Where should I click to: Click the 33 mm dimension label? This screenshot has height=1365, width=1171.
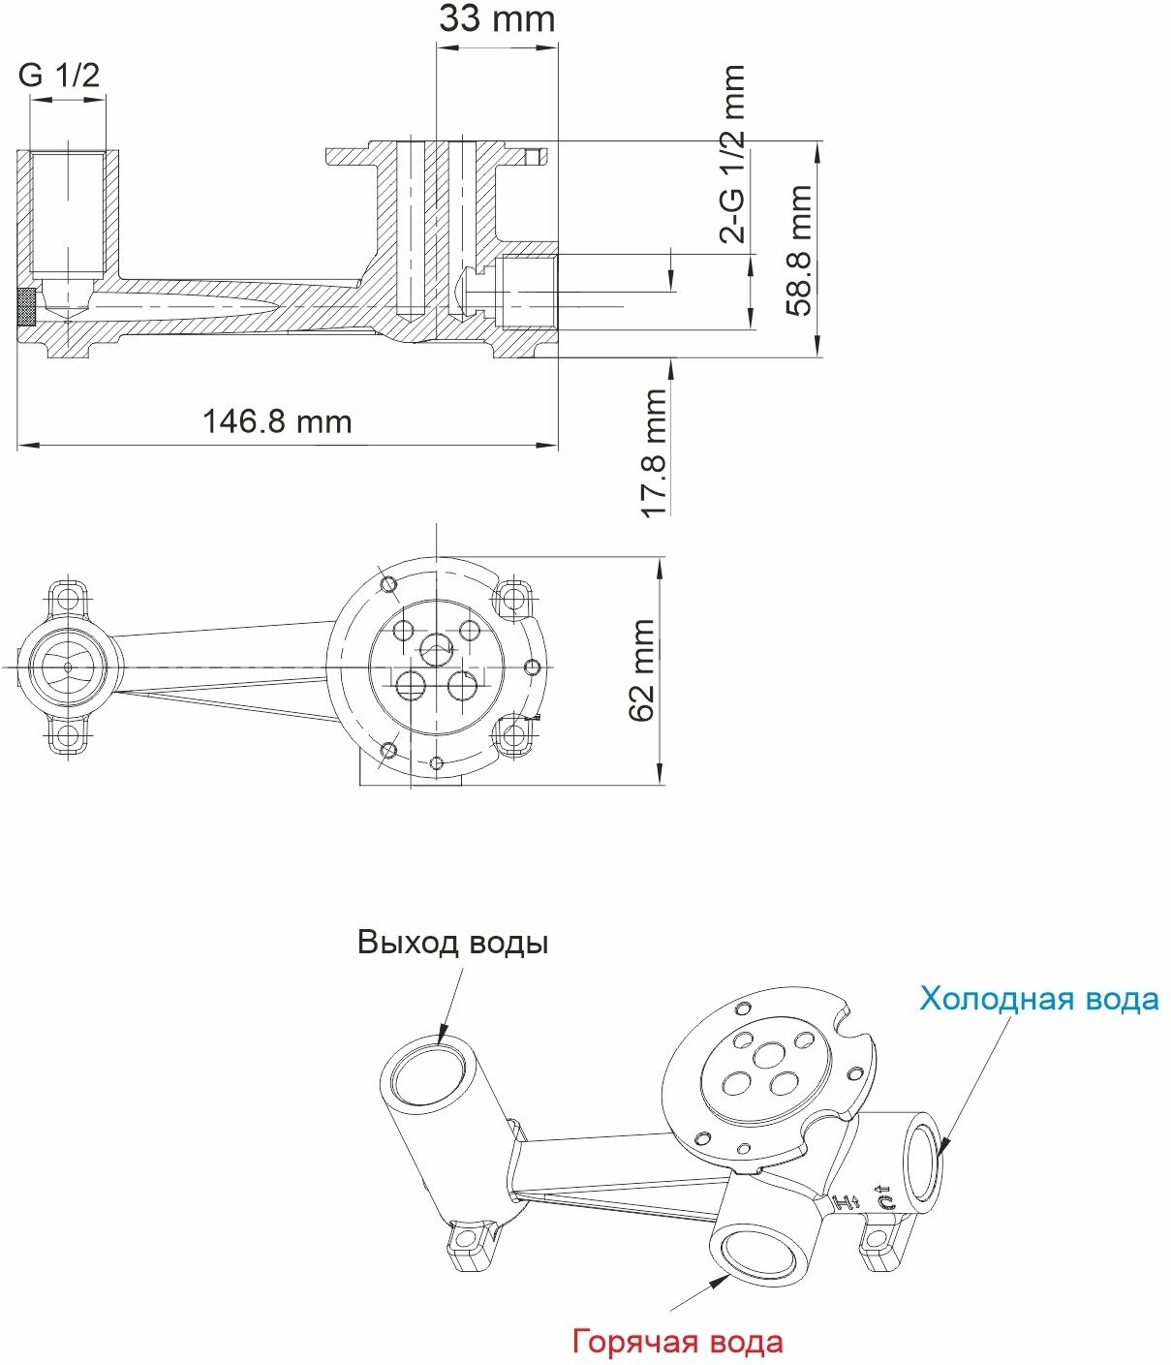(497, 19)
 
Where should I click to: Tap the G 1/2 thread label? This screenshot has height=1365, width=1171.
(59, 76)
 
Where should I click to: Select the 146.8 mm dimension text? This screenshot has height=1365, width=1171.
(277, 422)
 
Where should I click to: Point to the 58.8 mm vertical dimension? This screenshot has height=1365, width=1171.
(799, 251)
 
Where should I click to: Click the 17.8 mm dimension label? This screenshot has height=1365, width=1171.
(656, 453)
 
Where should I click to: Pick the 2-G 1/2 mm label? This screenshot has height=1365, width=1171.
(733, 153)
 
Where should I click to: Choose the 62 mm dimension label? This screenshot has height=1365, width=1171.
(642, 671)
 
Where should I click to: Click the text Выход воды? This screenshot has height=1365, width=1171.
(452, 943)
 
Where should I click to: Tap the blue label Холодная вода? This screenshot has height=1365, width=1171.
(1038, 999)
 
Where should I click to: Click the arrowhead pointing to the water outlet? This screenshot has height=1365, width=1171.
(443, 1036)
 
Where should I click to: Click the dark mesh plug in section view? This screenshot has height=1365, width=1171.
(27, 307)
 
